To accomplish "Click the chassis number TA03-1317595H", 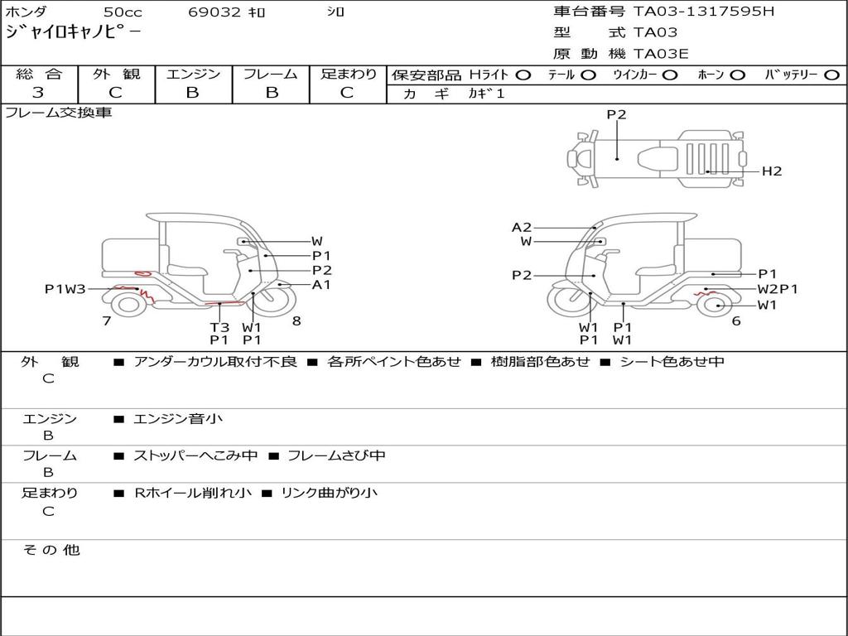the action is pyautogui.click(x=704, y=12).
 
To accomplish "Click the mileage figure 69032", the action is pyautogui.click(x=214, y=12).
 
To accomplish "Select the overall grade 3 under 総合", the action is pyautogui.click(x=38, y=93).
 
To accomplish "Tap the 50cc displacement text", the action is pyautogui.click(x=123, y=12).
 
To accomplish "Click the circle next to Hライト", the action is pyautogui.click(x=523, y=75).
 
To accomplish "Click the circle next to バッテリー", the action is pyautogui.click(x=832, y=75).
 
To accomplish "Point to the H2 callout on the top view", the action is pyautogui.click(x=772, y=171).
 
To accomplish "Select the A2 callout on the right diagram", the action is pyautogui.click(x=522, y=227).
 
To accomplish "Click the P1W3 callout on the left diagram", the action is pyautogui.click(x=65, y=289).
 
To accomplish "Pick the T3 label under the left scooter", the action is pyautogui.click(x=219, y=327).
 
